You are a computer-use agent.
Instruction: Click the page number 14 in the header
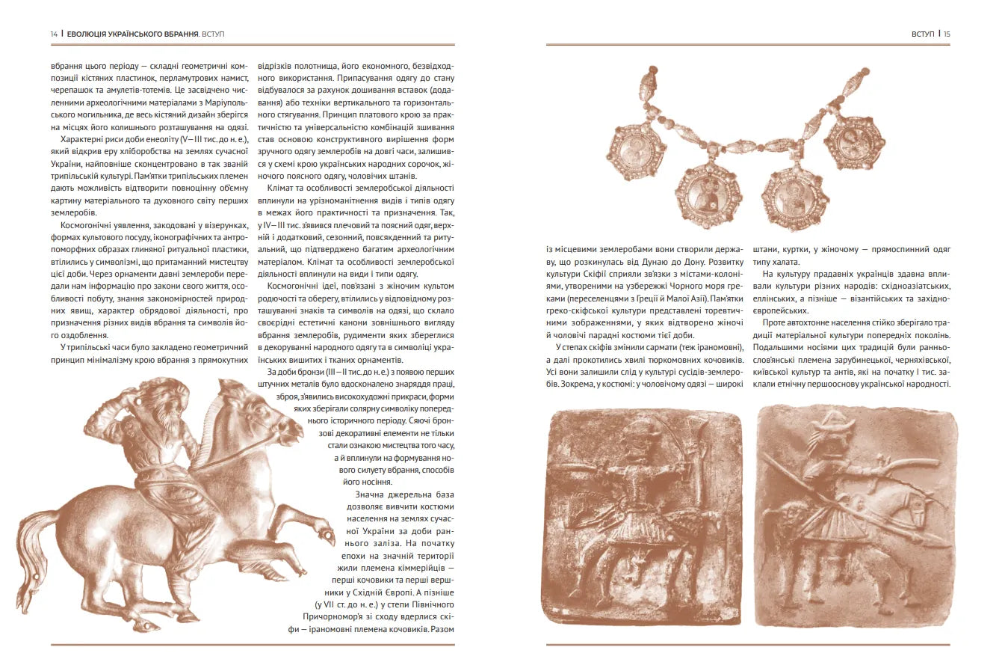[x=54, y=34]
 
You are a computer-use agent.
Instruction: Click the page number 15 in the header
[x=946, y=34]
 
